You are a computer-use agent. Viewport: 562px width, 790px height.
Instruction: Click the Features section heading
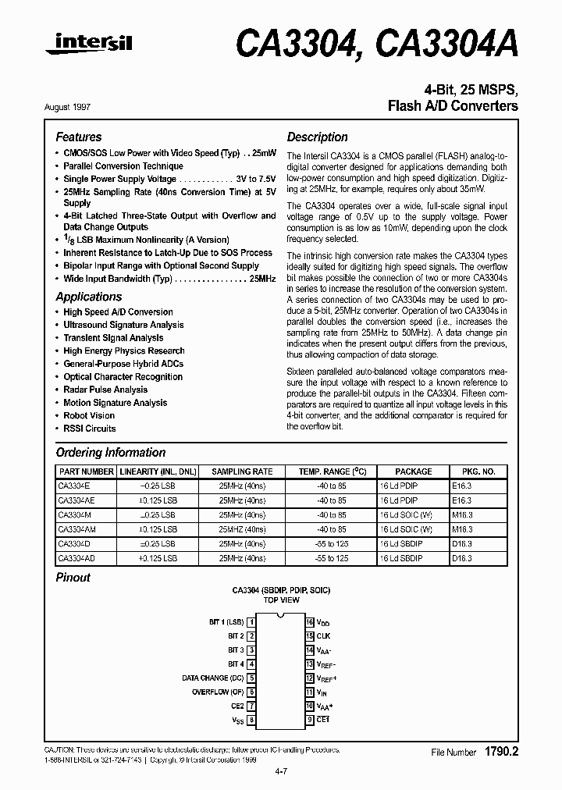pos(79,137)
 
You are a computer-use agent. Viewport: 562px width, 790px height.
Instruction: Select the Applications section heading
pos(89,297)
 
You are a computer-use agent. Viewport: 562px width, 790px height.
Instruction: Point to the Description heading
pos(318,137)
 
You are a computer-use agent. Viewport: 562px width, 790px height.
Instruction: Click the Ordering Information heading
pos(111,453)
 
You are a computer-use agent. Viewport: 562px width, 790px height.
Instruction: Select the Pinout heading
pos(73,578)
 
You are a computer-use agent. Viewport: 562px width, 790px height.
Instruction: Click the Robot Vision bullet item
pos(89,416)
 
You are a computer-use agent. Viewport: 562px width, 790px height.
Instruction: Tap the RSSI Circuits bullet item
pos(90,429)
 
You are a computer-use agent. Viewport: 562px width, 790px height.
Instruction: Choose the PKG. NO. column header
pos(478,472)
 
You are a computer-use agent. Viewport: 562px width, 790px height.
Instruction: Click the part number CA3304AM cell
pos(76,529)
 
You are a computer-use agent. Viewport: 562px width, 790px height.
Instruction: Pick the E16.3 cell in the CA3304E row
pos(472,486)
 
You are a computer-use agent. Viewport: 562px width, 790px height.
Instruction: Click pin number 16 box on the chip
pos(310,622)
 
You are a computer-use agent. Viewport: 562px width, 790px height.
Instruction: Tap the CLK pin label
pos(323,636)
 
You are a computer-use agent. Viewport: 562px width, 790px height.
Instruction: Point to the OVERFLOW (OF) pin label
pos(218,692)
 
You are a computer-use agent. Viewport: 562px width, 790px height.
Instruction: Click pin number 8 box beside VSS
pos(251,720)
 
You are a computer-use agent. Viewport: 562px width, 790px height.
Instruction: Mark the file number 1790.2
pos(501,752)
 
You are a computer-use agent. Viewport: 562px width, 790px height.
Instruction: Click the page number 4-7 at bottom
pos(281,773)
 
